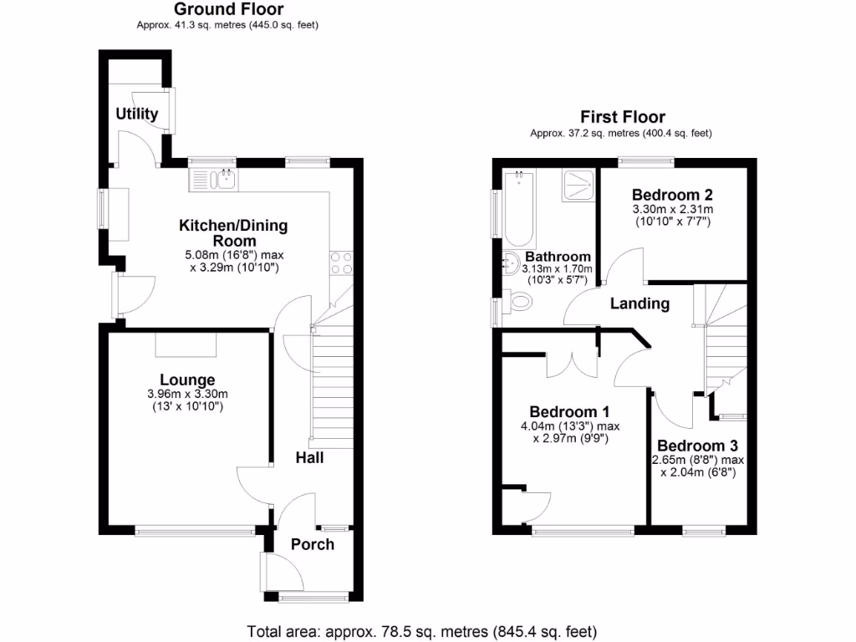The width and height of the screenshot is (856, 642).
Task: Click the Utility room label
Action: click(137, 114)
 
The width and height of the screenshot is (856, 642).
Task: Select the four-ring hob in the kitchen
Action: click(340, 263)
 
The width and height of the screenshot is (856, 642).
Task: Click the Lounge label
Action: click(187, 380)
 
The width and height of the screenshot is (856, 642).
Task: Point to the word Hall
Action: click(309, 458)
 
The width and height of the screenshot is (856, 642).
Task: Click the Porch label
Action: click(312, 544)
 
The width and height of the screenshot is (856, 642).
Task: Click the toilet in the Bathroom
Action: click(519, 301)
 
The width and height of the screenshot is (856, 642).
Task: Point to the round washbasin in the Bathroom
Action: click(512, 265)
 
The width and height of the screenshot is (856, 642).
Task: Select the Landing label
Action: click(639, 303)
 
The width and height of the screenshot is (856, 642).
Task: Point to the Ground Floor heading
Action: click(227, 10)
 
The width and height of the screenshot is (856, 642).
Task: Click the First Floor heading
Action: click(623, 117)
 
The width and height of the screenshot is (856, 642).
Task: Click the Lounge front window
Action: click(196, 528)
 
